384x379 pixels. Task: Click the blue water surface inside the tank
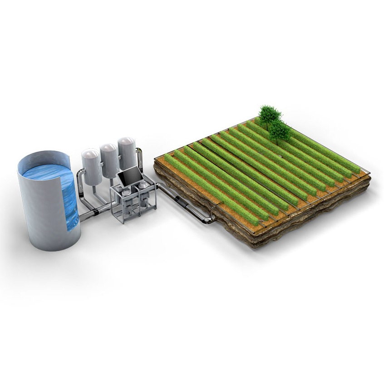45,175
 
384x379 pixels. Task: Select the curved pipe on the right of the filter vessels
140,156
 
